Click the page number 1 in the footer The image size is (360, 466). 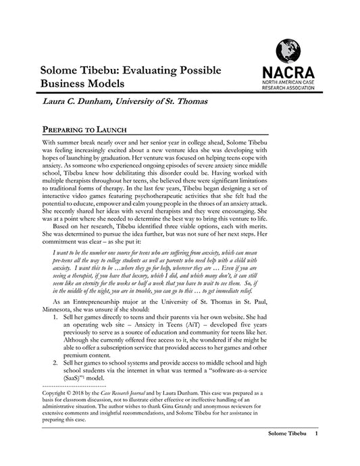[x=316, y=452]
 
